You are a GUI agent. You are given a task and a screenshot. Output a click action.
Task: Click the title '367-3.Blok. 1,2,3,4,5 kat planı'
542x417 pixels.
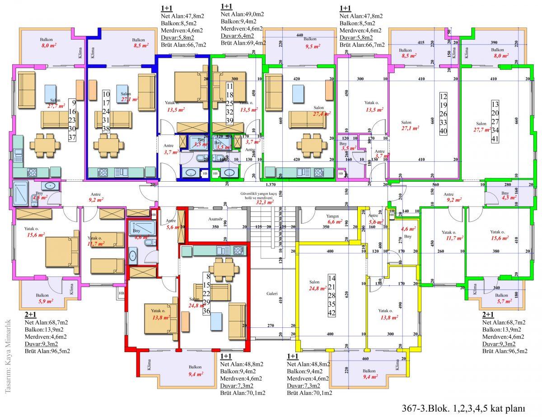(x=463, y=409)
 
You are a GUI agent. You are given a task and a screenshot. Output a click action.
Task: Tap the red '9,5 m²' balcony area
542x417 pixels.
(x=313, y=46)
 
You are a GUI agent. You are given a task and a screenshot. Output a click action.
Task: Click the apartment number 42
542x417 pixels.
(x=332, y=313)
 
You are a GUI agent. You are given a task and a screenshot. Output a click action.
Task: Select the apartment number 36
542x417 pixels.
(x=207, y=311)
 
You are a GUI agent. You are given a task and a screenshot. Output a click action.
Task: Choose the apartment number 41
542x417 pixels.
(x=495, y=139)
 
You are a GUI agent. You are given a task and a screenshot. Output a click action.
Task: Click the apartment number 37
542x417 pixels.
(x=72, y=137)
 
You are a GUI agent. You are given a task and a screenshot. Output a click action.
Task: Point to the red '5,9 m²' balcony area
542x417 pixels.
(x=46, y=301)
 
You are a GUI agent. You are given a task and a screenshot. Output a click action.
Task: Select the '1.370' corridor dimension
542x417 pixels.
(x=271, y=185)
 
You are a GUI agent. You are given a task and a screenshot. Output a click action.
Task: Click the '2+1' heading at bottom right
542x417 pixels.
(x=488, y=315)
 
